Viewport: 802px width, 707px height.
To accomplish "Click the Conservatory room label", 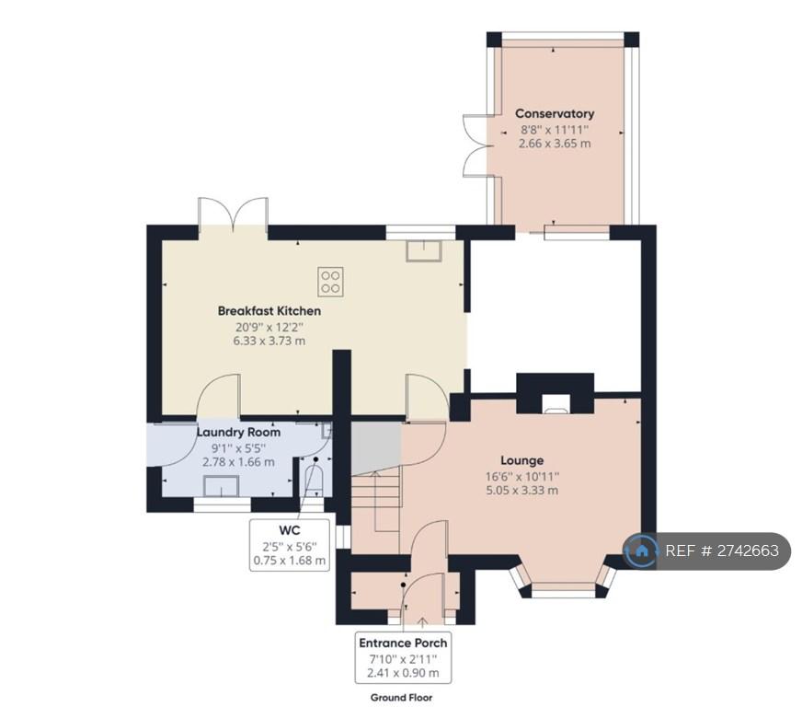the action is (x=555, y=113).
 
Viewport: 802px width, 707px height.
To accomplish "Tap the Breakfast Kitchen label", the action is (x=269, y=311).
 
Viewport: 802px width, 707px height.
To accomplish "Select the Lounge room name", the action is (x=521, y=460).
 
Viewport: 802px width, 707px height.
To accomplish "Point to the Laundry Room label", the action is (x=238, y=432).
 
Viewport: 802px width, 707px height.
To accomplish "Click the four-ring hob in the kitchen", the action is (x=330, y=282).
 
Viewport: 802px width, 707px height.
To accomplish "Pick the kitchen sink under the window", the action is (x=424, y=250).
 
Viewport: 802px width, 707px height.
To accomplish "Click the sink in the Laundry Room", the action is (x=221, y=486).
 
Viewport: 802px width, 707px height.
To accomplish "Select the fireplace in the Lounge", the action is (x=556, y=393).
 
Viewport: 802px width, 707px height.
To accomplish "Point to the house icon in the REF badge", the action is (x=641, y=551).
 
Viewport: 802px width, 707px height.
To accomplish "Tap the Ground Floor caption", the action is (x=402, y=697).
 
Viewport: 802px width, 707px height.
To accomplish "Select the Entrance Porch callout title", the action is (x=403, y=643).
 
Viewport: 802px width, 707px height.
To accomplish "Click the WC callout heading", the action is (x=290, y=530).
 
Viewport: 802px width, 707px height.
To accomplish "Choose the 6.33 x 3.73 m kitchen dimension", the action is (x=269, y=341).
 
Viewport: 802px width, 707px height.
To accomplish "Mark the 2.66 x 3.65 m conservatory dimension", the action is (x=555, y=144).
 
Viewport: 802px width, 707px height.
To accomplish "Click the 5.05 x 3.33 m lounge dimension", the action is (x=522, y=491).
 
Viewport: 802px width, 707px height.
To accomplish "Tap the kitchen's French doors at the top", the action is (x=234, y=214).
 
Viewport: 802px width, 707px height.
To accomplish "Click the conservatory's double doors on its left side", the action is (x=475, y=145).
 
